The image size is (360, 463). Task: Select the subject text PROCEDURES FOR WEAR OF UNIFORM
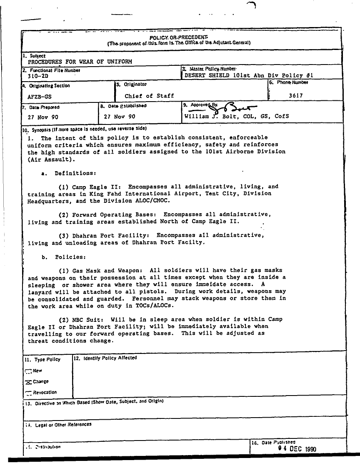(80, 62)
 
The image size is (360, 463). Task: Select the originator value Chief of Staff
(149, 96)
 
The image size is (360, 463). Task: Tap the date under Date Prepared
(43, 117)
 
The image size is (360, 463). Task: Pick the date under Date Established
(120, 117)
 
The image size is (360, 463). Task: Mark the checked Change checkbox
(28, 382)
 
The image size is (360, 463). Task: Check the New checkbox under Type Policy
(28, 371)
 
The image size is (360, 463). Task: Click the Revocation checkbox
(28, 393)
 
